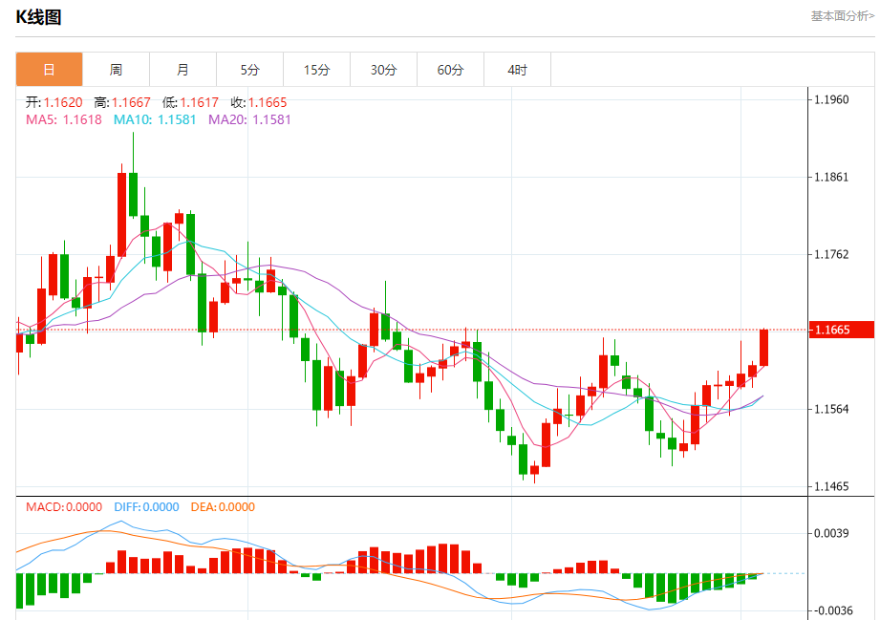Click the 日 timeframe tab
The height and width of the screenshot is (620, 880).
[49, 70]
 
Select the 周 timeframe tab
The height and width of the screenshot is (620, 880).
[116, 70]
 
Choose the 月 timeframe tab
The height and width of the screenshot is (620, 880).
[182, 70]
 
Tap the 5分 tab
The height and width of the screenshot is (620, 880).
[249, 70]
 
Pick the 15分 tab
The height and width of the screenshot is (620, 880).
[316, 70]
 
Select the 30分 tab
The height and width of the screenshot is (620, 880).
[383, 70]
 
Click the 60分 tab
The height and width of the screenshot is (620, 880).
[450, 70]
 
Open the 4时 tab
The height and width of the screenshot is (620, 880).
[517, 70]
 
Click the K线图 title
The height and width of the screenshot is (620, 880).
[38, 17]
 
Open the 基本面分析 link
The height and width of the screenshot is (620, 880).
[842, 16]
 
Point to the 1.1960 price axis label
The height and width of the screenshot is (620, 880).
[830, 99]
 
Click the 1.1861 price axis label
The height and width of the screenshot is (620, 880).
[830, 178]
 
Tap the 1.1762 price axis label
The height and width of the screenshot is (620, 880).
[830, 255]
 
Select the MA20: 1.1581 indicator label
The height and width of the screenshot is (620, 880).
[249, 119]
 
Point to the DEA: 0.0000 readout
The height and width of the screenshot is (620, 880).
[223, 507]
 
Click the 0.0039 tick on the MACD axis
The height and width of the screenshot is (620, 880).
[831, 533]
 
